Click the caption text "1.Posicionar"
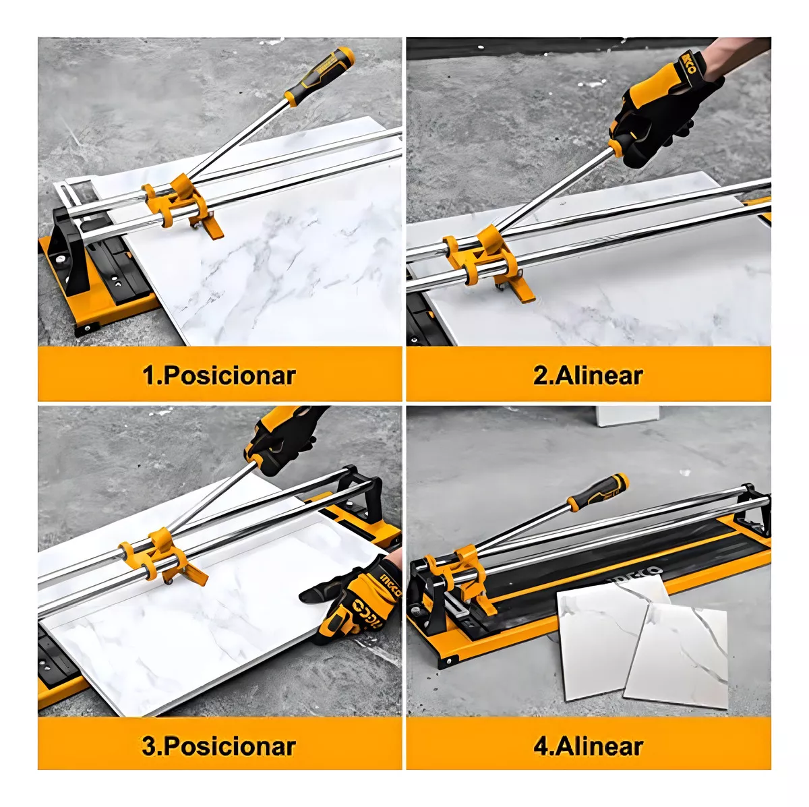pos(220,375)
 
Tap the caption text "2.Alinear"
pos(588,375)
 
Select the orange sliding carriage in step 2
pos(487,262)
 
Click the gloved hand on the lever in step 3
pos(283,439)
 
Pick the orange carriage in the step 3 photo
pos(162,556)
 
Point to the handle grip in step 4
pos(598,489)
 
